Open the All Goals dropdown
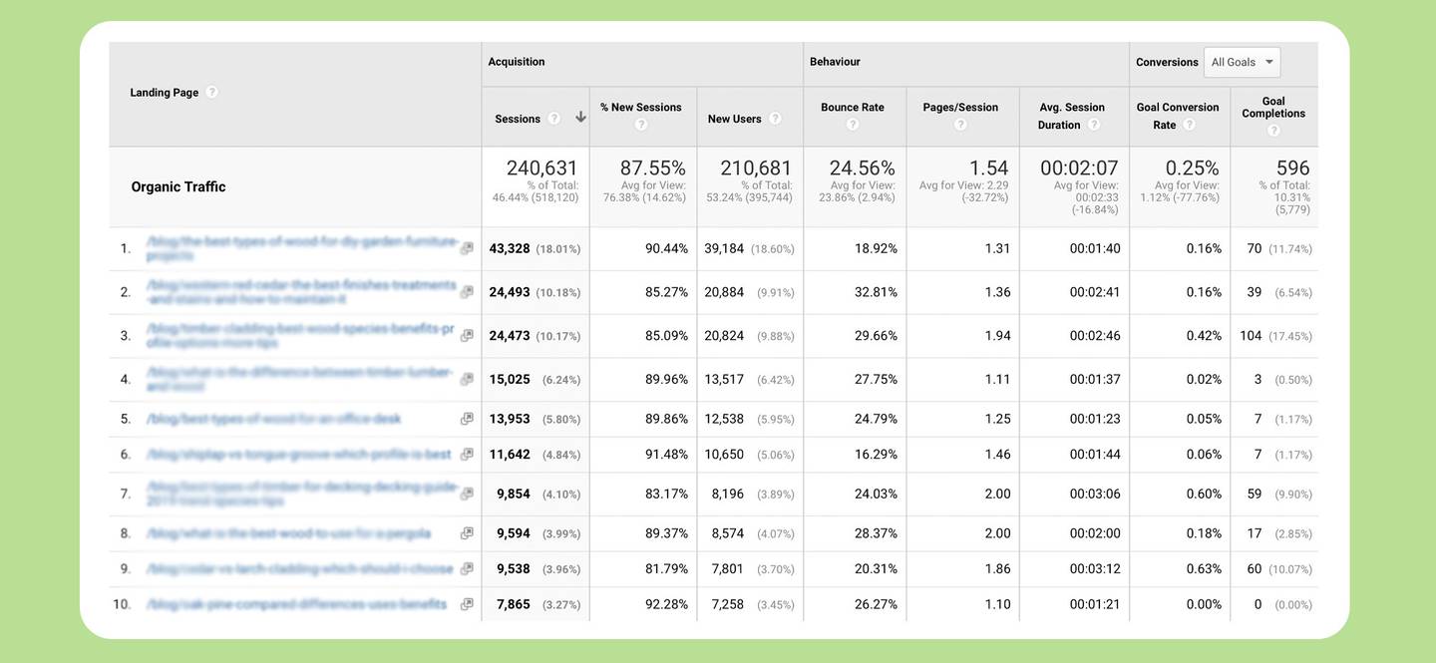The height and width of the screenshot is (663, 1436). click(1242, 62)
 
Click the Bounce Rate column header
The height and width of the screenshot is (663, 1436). click(852, 108)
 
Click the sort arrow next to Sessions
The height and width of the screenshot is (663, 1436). click(580, 118)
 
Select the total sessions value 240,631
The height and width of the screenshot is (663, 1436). click(541, 167)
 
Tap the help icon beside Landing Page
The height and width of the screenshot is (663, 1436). click(211, 92)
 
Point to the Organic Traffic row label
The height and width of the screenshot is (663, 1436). click(179, 186)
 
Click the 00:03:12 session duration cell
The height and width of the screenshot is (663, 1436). click(1094, 569)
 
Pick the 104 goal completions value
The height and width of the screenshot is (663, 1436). click(1251, 336)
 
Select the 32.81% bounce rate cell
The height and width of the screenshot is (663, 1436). click(876, 292)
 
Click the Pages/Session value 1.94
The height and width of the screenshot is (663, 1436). click(997, 336)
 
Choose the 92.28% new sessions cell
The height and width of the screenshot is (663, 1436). click(666, 604)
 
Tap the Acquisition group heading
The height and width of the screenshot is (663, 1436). click(517, 62)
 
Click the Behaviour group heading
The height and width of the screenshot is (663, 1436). click(835, 62)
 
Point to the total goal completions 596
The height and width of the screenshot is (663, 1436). click(1292, 167)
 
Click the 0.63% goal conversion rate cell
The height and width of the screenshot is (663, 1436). click(1204, 569)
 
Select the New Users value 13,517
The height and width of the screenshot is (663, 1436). click(724, 380)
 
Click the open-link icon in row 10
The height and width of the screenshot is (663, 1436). click(467, 604)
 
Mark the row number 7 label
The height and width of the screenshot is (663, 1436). click(125, 495)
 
